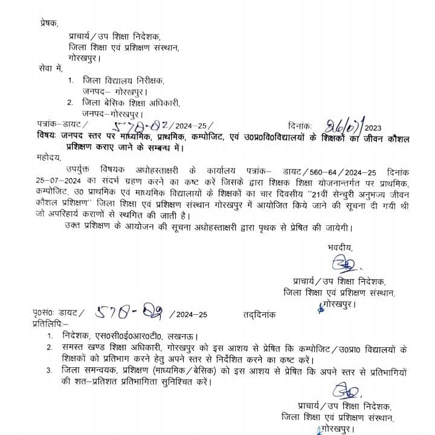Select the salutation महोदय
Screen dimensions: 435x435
click(x=48, y=158)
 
